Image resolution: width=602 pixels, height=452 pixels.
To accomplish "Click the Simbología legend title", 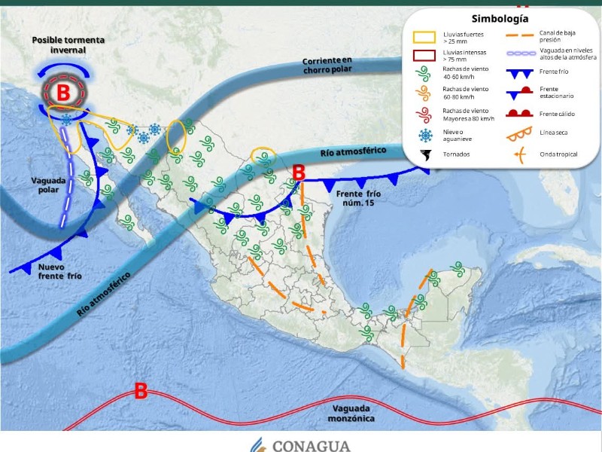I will click(x=500, y=19).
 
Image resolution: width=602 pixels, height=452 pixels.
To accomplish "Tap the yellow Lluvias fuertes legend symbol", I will click(x=426, y=38).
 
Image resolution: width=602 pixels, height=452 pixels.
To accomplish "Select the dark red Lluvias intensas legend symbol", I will click(x=426, y=56).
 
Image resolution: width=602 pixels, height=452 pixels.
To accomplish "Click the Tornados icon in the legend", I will click(x=426, y=156).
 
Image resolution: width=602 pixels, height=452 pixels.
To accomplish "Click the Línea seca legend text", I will click(x=553, y=133).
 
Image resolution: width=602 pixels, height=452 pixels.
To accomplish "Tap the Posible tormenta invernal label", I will click(x=68, y=44).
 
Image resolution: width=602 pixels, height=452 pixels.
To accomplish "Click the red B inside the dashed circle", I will click(x=64, y=93).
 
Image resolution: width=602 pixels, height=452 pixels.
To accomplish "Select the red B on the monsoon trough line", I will click(x=140, y=390).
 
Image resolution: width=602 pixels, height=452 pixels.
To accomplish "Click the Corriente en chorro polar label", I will click(x=327, y=65).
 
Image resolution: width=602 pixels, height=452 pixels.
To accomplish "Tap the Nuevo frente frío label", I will click(x=60, y=271).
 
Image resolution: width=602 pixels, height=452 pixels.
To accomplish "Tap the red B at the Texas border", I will click(x=298, y=173).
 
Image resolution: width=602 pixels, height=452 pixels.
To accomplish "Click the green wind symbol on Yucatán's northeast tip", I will click(x=456, y=268).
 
